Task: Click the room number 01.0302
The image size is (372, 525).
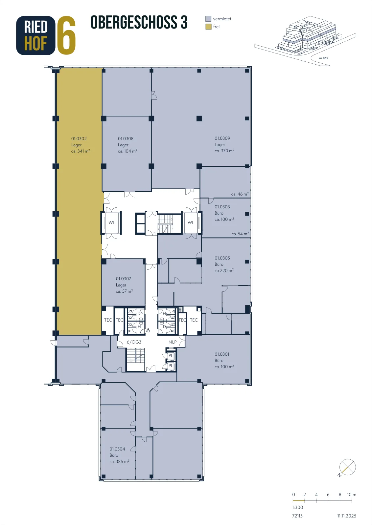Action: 79,138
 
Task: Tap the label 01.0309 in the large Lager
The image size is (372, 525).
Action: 222,138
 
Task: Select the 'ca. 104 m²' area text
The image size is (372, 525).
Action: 128,151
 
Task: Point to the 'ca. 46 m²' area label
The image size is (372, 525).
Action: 240,194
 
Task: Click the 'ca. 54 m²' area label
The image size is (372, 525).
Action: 240,234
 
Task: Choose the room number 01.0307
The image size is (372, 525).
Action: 124,279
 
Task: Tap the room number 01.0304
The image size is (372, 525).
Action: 117,449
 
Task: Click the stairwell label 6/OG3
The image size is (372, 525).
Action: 134,342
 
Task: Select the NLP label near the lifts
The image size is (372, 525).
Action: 173,342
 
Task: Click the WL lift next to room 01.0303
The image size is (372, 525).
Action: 191,222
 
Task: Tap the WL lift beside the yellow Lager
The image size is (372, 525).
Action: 112,222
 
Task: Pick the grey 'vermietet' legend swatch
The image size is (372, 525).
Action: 208,19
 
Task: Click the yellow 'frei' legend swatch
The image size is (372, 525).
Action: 208,27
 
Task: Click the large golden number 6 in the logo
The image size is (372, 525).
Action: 66,35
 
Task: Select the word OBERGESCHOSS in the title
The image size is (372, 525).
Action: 134,22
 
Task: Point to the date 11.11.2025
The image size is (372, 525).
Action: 347,515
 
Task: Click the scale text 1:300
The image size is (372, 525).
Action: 297,507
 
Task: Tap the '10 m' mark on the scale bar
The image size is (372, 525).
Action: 352,494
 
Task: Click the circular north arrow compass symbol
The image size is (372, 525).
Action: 348,467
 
